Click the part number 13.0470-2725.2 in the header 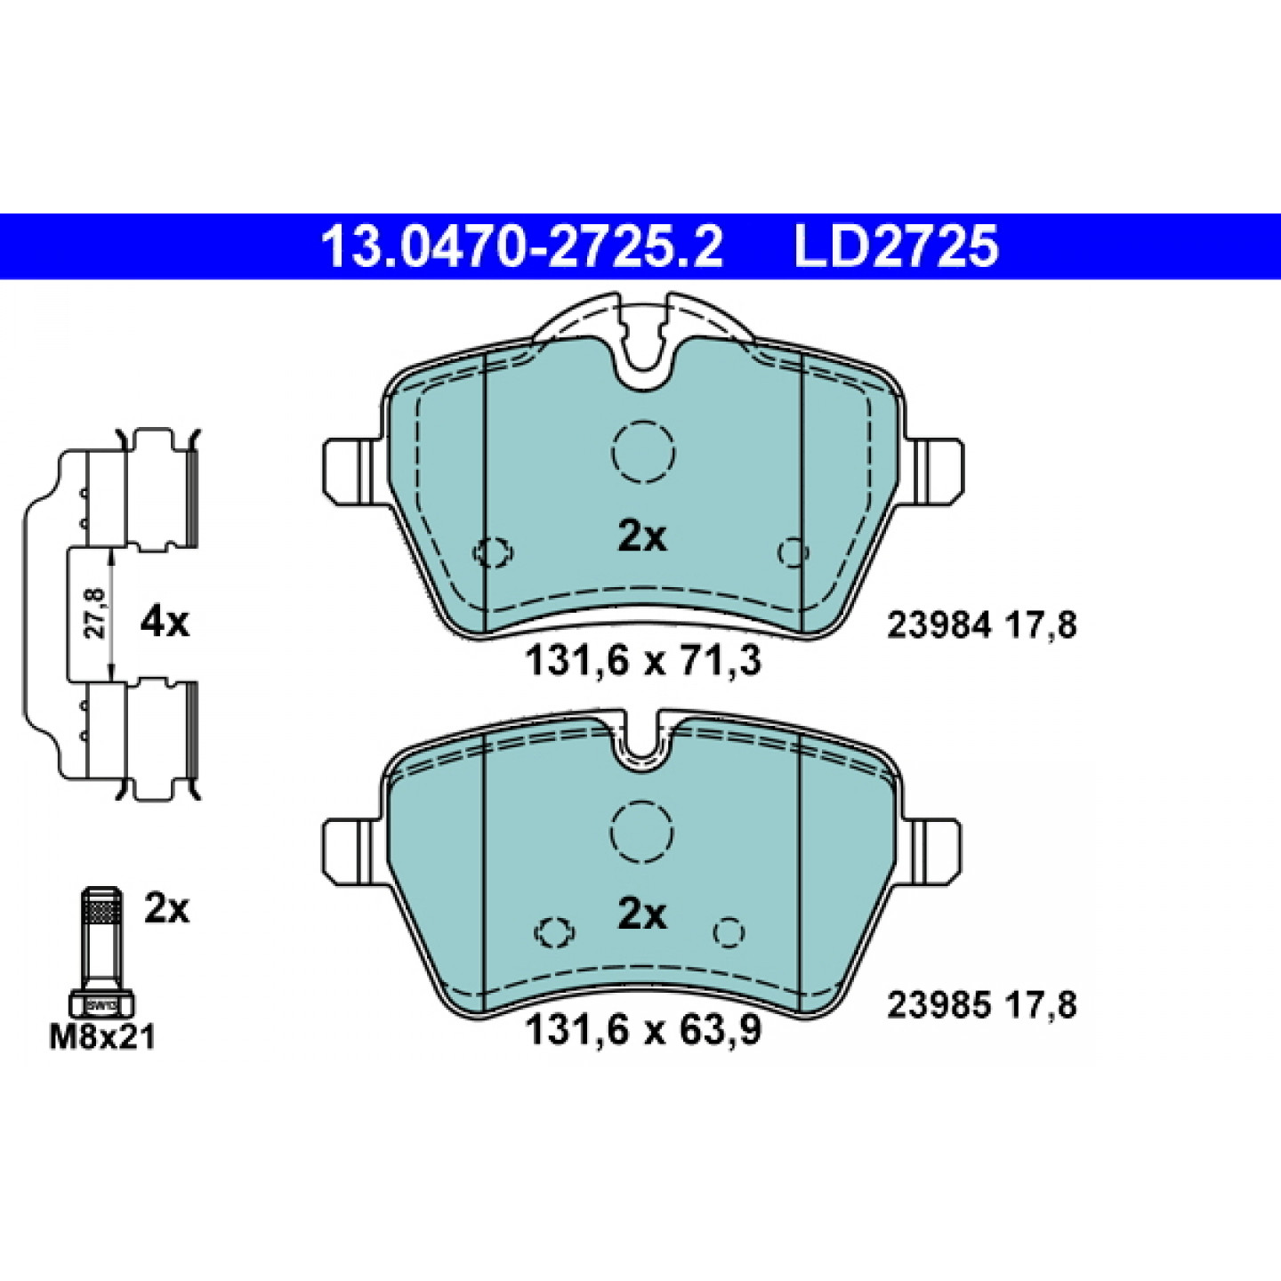coord(522,246)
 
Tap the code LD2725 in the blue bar coord(897,246)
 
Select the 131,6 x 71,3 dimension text coord(643,662)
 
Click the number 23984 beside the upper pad coord(939,625)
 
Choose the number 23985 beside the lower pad coord(939,1006)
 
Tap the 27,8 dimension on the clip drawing coord(97,613)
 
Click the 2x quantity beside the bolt coord(167,909)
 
